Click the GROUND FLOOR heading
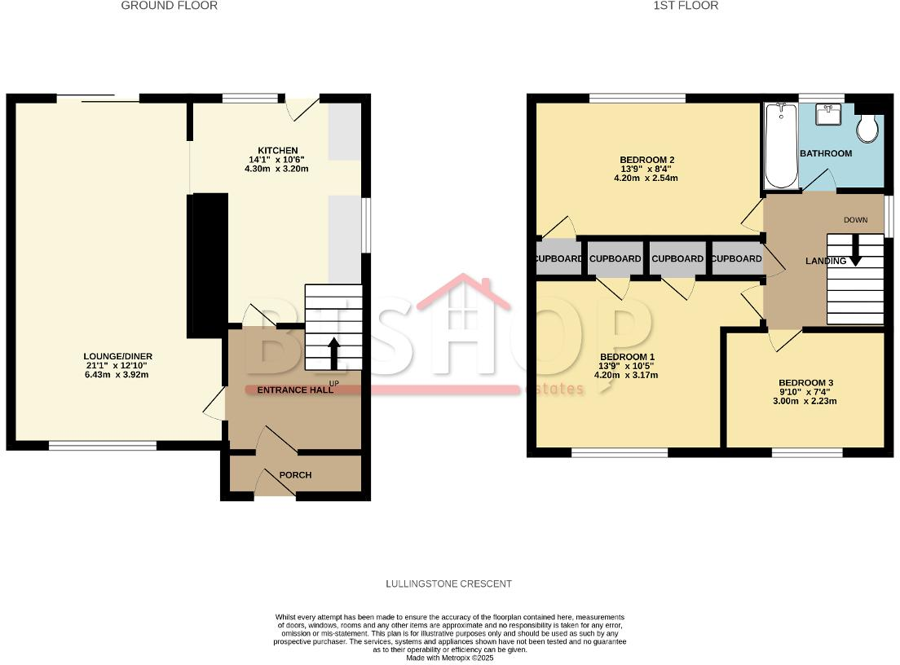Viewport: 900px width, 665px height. point(169,6)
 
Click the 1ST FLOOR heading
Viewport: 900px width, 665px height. point(674,6)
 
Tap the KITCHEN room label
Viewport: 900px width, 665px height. point(273,151)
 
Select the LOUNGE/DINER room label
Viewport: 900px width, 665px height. point(117,356)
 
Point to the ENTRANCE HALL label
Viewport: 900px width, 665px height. point(295,390)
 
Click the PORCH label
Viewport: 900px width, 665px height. point(295,475)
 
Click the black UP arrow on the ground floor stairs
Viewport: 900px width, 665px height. point(334,352)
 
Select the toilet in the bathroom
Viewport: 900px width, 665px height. point(867,126)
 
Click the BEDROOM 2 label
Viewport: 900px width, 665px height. point(647,160)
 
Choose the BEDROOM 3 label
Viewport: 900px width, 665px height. point(805,383)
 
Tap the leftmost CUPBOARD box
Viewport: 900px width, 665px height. point(559,259)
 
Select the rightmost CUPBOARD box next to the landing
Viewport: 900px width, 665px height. point(736,259)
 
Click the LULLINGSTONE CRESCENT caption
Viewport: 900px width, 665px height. point(448,584)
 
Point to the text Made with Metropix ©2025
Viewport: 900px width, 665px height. point(450,658)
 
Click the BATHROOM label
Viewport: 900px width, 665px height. point(825,153)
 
